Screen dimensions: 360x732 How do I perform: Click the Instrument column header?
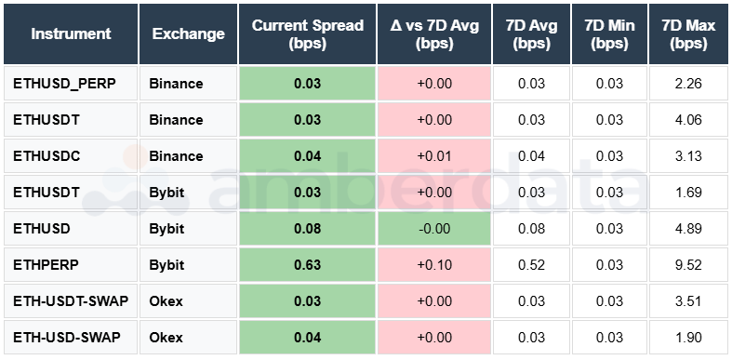click(71, 34)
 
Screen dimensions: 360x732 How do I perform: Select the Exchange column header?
click(188, 34)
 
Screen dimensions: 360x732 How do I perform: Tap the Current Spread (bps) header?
click(307, 34)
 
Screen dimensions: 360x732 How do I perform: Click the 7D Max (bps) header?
click(687, 34)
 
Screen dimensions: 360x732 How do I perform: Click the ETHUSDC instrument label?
click(47, 156)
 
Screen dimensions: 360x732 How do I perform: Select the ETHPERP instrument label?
click(45, 264)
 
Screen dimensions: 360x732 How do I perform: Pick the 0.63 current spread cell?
click(307, 264)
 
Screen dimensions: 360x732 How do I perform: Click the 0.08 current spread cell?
click(307, 228)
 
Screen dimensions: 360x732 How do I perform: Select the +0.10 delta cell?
click(434, 264)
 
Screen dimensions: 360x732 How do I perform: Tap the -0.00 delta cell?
click(434, 228)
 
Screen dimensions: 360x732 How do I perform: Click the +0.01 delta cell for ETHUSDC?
click(434, 156)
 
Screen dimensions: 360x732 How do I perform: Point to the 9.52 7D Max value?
click(687, 264)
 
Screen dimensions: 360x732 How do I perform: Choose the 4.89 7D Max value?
click(687, 228)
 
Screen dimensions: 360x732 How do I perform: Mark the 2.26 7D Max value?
click(687, 84)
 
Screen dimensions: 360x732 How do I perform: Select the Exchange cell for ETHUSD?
click(167, 228)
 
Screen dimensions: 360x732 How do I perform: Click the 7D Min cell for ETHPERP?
click(608, 264)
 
